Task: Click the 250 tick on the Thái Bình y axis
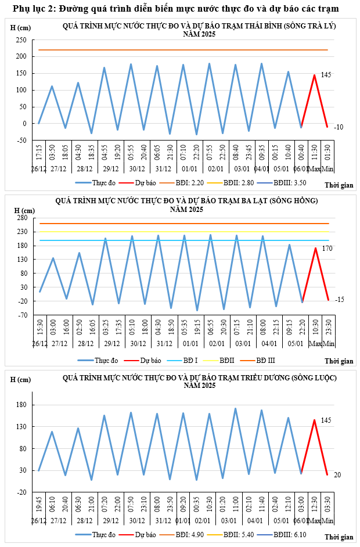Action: pyautogui.click(x=21, y=40)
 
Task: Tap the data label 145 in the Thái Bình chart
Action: pyautogui.click(x=326, y=75)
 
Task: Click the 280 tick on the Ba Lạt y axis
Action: pyautogui.click(x=23, y=218)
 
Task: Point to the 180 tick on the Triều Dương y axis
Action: pyautogui.click(x=23, y=405)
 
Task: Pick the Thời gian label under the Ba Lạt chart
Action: pyautogui.click(x=339, y=361)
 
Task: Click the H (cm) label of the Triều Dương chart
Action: pyautogui.click(x=21, y=380)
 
